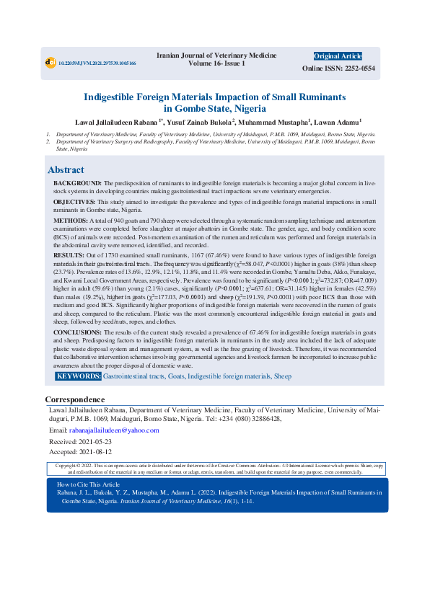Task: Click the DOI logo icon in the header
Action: coord(50,63)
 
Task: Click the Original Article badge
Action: coord(338,56)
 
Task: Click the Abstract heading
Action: coord(66,170)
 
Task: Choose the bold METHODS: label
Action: coord(71,219)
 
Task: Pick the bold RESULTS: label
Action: coord(69,255)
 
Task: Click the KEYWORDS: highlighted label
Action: coord(79,376)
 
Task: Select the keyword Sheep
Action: coord(282,376)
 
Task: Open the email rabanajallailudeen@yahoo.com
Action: coord(119,430)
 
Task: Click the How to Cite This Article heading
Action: coord(89,464)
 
